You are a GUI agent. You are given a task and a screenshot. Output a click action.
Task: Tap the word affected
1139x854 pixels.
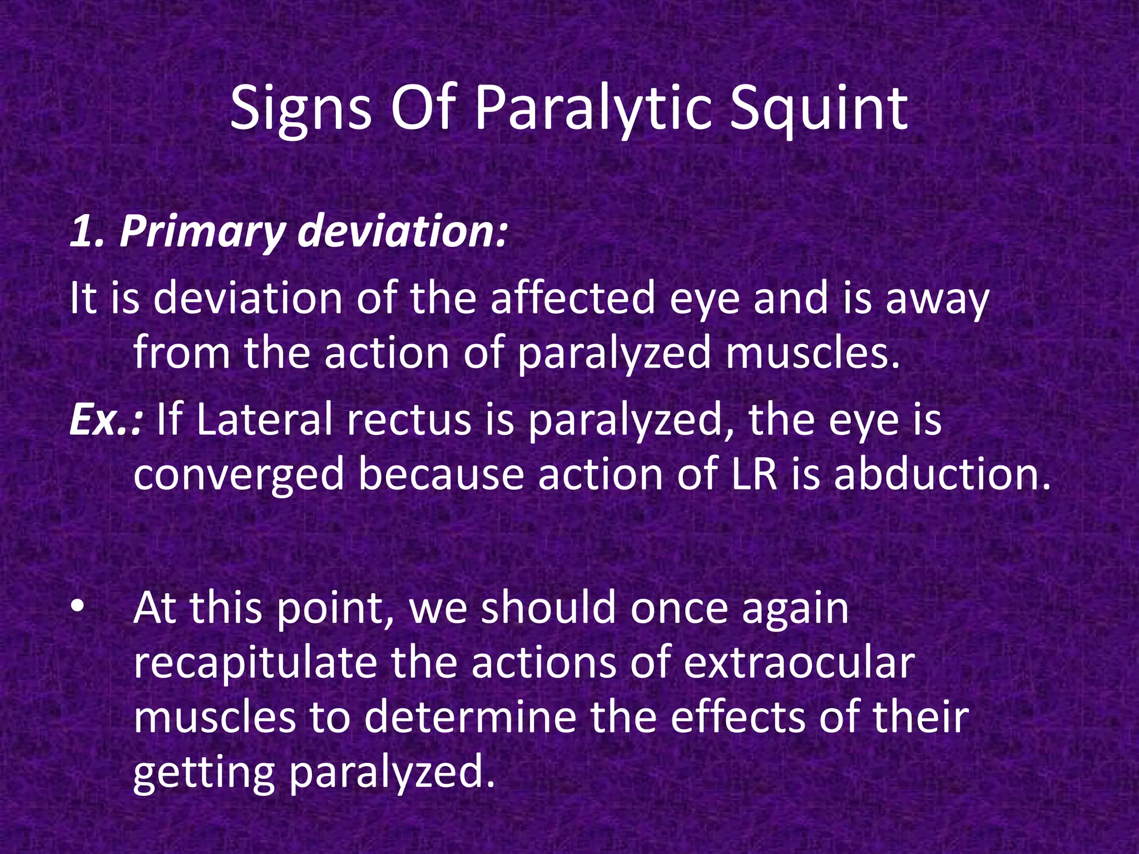(x=572, y=299)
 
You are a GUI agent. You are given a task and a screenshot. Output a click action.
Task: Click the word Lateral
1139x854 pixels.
(x=264, y=420)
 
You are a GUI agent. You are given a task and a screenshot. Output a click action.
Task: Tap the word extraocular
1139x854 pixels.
(x=799, y=663)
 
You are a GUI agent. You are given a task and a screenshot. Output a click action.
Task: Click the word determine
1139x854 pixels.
(x=470, y=717)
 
